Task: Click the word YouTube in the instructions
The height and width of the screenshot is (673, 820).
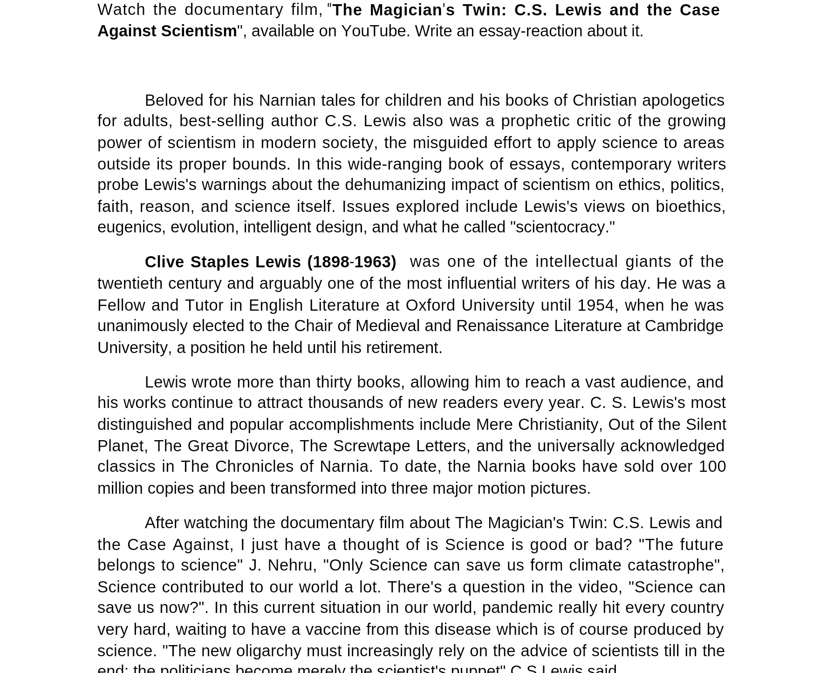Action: tap(375, 31)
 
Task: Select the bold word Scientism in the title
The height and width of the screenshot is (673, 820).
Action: tap(199, 31)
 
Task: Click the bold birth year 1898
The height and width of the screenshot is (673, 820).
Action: tap(331, 262)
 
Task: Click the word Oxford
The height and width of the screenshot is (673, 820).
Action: tap(430, 306)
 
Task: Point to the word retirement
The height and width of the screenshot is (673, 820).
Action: tap(403, 348)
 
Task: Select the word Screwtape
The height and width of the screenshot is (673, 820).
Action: tap(371, 446)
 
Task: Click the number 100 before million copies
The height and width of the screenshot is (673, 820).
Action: tap(712, 467)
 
